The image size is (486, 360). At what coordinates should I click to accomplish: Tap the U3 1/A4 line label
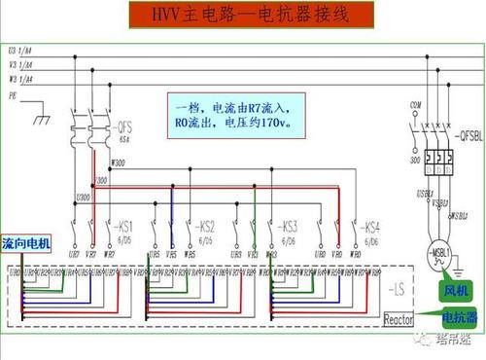[20, 48]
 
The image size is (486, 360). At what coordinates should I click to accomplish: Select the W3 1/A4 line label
[20, 79]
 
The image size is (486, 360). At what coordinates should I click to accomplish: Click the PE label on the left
[13, 97]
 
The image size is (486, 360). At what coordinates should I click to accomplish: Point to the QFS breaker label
[123, 128]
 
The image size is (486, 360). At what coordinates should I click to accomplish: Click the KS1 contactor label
[122, 225]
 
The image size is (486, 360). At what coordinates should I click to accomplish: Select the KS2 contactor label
[203, 225]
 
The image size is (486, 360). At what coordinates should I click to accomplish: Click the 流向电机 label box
[27, 241]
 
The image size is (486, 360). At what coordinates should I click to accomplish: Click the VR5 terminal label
[171, 254]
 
